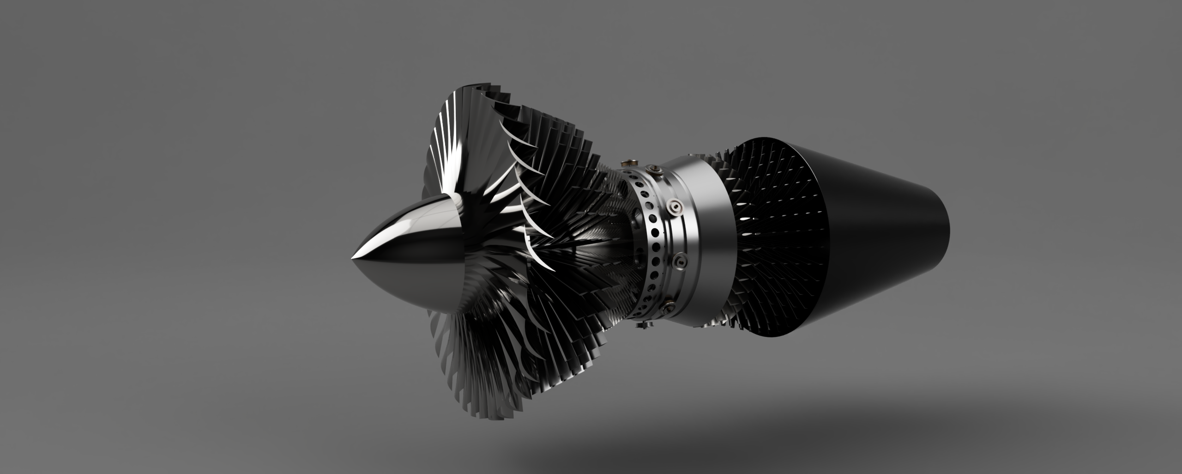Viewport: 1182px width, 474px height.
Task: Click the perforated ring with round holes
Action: click(649, 240)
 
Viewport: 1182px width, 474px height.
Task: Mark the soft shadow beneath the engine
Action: click(693, 444)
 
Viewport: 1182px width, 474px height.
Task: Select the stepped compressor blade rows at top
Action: click(554, 139)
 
